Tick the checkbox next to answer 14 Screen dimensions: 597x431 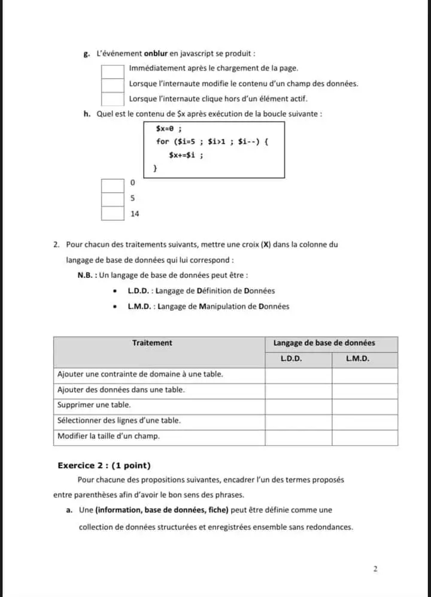[x=112, y=213]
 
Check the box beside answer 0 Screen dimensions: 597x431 [x=112, y=184]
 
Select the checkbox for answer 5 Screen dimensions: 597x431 [x=112, y=199]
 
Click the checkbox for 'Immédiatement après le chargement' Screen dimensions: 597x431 [x=112, y=71]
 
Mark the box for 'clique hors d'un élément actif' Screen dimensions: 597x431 [x=112, y=99]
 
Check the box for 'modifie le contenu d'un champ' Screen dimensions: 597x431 [x=112, y=85]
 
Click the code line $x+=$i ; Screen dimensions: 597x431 [x=186, y=155]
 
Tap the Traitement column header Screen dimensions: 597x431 [x=152, y=343]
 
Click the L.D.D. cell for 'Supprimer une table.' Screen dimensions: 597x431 [x=298, y=405]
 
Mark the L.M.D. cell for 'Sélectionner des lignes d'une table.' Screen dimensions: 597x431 [x=365, y=421]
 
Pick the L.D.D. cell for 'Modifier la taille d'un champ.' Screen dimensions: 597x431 [x=298, y=437]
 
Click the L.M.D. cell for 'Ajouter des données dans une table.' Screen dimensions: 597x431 [x=365, y=390]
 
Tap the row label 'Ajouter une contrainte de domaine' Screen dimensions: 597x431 [x=140, y=374]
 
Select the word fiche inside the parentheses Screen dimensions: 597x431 [x=216, y=510]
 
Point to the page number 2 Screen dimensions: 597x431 [x=375, y=569]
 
